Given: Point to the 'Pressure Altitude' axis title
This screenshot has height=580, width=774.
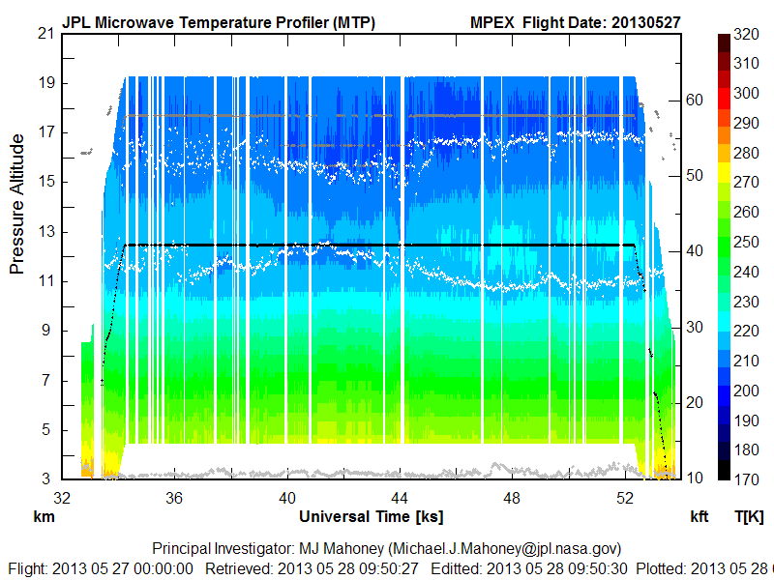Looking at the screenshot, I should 17,204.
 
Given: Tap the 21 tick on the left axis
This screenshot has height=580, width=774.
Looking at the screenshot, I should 45,33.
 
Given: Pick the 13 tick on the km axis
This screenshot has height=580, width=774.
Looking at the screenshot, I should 45,232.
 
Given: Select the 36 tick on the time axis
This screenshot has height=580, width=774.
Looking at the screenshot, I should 175,498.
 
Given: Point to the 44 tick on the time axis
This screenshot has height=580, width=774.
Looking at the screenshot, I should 401,498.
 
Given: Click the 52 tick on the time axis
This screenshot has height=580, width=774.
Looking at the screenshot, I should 626,498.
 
